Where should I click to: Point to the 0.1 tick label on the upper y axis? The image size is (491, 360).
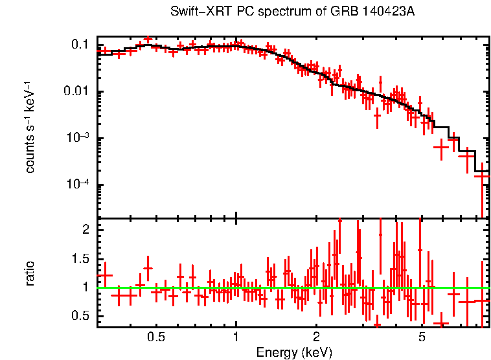pyautogui.click(x=80, y=45)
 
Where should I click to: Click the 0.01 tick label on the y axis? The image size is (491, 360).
pyautogui.click(x=77, y=91)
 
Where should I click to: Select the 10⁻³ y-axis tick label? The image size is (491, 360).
pyautogui.click(x=77, y=137)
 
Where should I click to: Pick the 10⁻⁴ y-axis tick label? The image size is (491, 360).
pyautogui.click(x=77, y=184)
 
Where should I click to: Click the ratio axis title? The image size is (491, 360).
pyautogui.click(x=30, y=273)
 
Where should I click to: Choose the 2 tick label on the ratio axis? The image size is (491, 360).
pyautogui.click(x=85, y=230)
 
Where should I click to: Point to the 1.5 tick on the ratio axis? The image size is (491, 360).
pyautogui.click(x=80, y=258)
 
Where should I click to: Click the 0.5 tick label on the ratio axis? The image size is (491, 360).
pyautogui.click(x=80, y=316)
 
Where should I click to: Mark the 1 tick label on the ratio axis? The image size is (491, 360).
pyautogui.click(x=85, y=287)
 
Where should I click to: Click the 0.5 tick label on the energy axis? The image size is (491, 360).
pyautogui.click(x=155, y=337)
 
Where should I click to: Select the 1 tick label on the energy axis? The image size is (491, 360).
pyautogui.click(x=236, y=337)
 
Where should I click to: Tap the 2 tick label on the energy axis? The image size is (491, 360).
pyautogui.click(x=316, y=337)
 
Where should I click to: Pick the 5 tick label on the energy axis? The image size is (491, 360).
pyautogui.click(x=422, y=337)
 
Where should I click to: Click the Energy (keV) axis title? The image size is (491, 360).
pyautogui.click(x=294, y=352)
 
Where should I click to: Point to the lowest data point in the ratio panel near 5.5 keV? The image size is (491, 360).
pyautogui.click(x=441, y=322)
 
